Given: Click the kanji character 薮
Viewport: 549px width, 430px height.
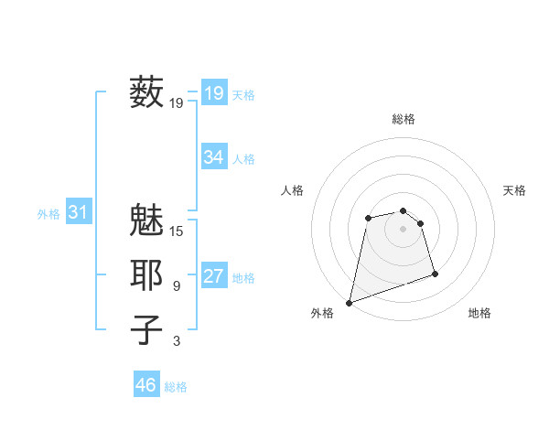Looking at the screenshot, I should pos(147,92).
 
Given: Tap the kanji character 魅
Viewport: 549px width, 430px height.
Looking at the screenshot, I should pos(147,220).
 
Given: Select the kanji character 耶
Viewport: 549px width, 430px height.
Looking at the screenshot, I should pos(147,275).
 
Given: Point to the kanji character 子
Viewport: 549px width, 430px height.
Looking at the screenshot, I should pos(147,329).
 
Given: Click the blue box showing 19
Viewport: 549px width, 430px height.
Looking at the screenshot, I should pos(213,92).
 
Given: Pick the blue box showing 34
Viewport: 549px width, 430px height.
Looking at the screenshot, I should pos(213,157).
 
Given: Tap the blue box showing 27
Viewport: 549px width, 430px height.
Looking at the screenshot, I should pos(213,276).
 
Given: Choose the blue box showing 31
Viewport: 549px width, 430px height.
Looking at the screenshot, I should pos(78,213).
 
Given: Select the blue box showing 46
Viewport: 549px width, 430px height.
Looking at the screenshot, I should pos(145,385).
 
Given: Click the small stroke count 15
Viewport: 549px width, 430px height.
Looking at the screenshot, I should pos(177,231).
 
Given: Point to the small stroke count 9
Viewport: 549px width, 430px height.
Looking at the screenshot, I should pos(177,286).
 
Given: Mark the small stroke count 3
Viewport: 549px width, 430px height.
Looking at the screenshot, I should pos(177,341).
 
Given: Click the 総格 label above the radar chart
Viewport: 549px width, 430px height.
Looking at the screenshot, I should pos(404,119).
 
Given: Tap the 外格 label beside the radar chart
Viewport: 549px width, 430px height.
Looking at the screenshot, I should pos(322,313).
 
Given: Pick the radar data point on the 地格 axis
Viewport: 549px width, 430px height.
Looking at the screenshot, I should pos(435,274).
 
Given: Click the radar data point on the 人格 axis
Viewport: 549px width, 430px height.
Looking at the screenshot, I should pos(368,218).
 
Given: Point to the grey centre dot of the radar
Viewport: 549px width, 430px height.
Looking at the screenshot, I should pos(404,229).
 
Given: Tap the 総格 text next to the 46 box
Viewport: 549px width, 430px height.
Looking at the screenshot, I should pos(176,387).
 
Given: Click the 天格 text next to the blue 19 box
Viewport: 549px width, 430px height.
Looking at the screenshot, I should pos(243,94).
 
